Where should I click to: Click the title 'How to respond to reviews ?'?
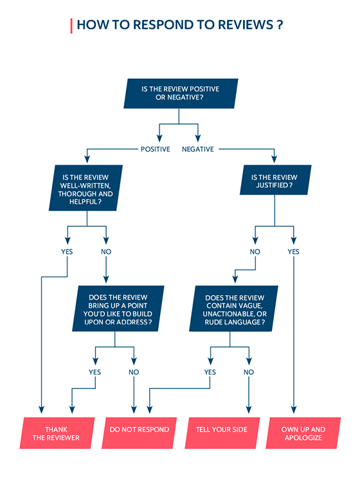point(180,25)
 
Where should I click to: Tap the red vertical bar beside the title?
point(71,26)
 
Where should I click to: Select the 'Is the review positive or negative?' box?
point(181,93)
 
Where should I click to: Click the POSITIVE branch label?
point(156,149)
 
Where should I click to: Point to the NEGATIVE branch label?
point(198,149)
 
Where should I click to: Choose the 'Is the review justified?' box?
point(275,179)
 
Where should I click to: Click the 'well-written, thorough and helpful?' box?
point(85,188)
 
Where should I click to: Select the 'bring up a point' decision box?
point(118,309)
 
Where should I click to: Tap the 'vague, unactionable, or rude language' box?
point(234,309)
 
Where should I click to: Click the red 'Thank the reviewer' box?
point(57,433)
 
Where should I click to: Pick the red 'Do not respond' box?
point(139,433)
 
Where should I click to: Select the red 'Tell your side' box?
point(222,433)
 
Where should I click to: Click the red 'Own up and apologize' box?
point(303,433)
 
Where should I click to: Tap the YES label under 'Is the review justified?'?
point(293,251)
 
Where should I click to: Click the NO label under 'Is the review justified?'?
point(255,251)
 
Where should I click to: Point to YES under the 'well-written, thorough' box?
point(67,251)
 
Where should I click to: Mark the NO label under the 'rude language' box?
point(249,372)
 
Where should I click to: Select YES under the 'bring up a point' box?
point(94,372)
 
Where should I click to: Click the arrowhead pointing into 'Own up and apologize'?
point(294,410)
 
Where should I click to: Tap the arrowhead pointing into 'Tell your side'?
point(249,410)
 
